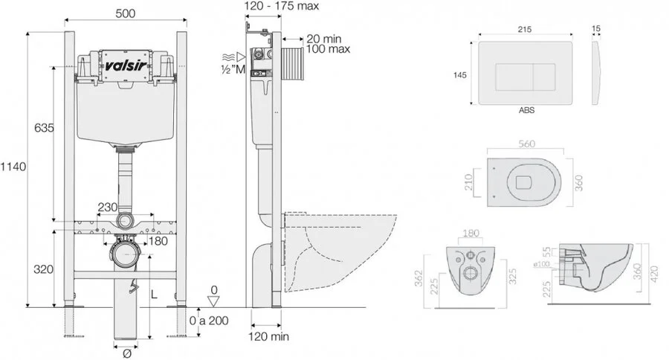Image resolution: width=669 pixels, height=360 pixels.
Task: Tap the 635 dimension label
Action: click(x=44, y=128)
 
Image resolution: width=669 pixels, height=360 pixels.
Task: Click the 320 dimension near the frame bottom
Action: click(x=44, y=269)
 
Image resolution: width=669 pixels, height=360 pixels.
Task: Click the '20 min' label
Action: click(x=323, y=38)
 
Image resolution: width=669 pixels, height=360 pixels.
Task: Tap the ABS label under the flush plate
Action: click(x=526, y=109)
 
